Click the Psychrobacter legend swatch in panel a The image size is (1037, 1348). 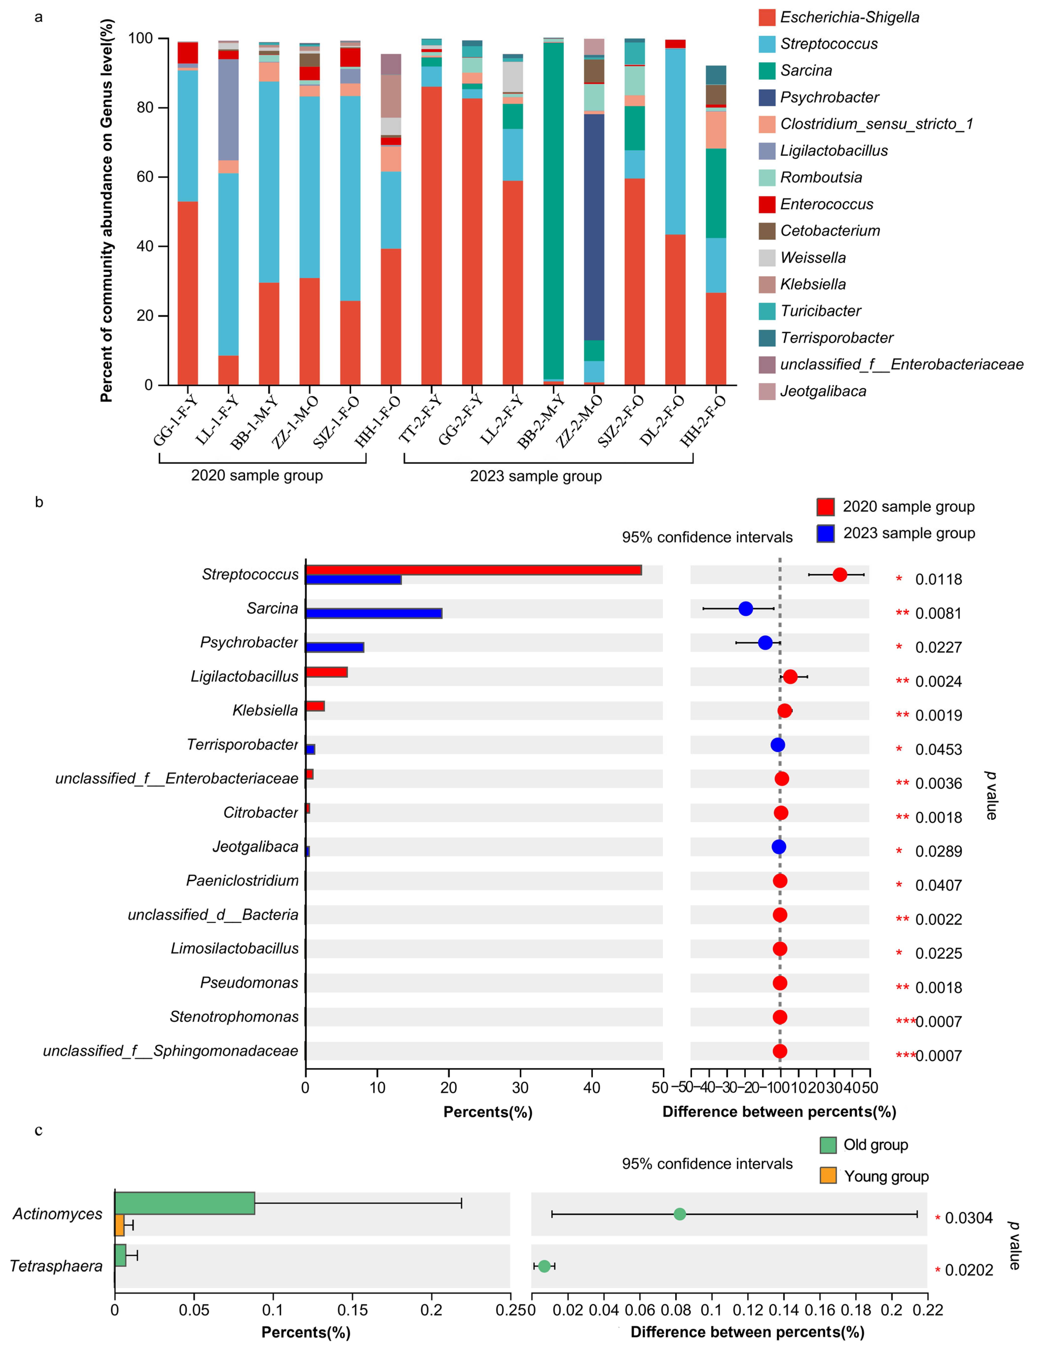[x=767, y=97]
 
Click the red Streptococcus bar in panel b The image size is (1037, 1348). [x=473, y=570]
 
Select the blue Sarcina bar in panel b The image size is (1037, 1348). [x=373, y=613]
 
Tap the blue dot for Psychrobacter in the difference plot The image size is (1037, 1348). [x=765, y=642]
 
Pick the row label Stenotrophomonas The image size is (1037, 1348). [x=234, y=1017]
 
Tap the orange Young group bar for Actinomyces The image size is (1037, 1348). [x=119, y=1225]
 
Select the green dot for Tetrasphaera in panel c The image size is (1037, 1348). [x=544, y=1266]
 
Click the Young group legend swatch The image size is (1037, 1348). [x=828, y=1175]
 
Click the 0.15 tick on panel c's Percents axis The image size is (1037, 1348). [x=352, y=1310]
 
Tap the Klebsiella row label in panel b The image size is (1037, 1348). [x=265, y=710]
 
